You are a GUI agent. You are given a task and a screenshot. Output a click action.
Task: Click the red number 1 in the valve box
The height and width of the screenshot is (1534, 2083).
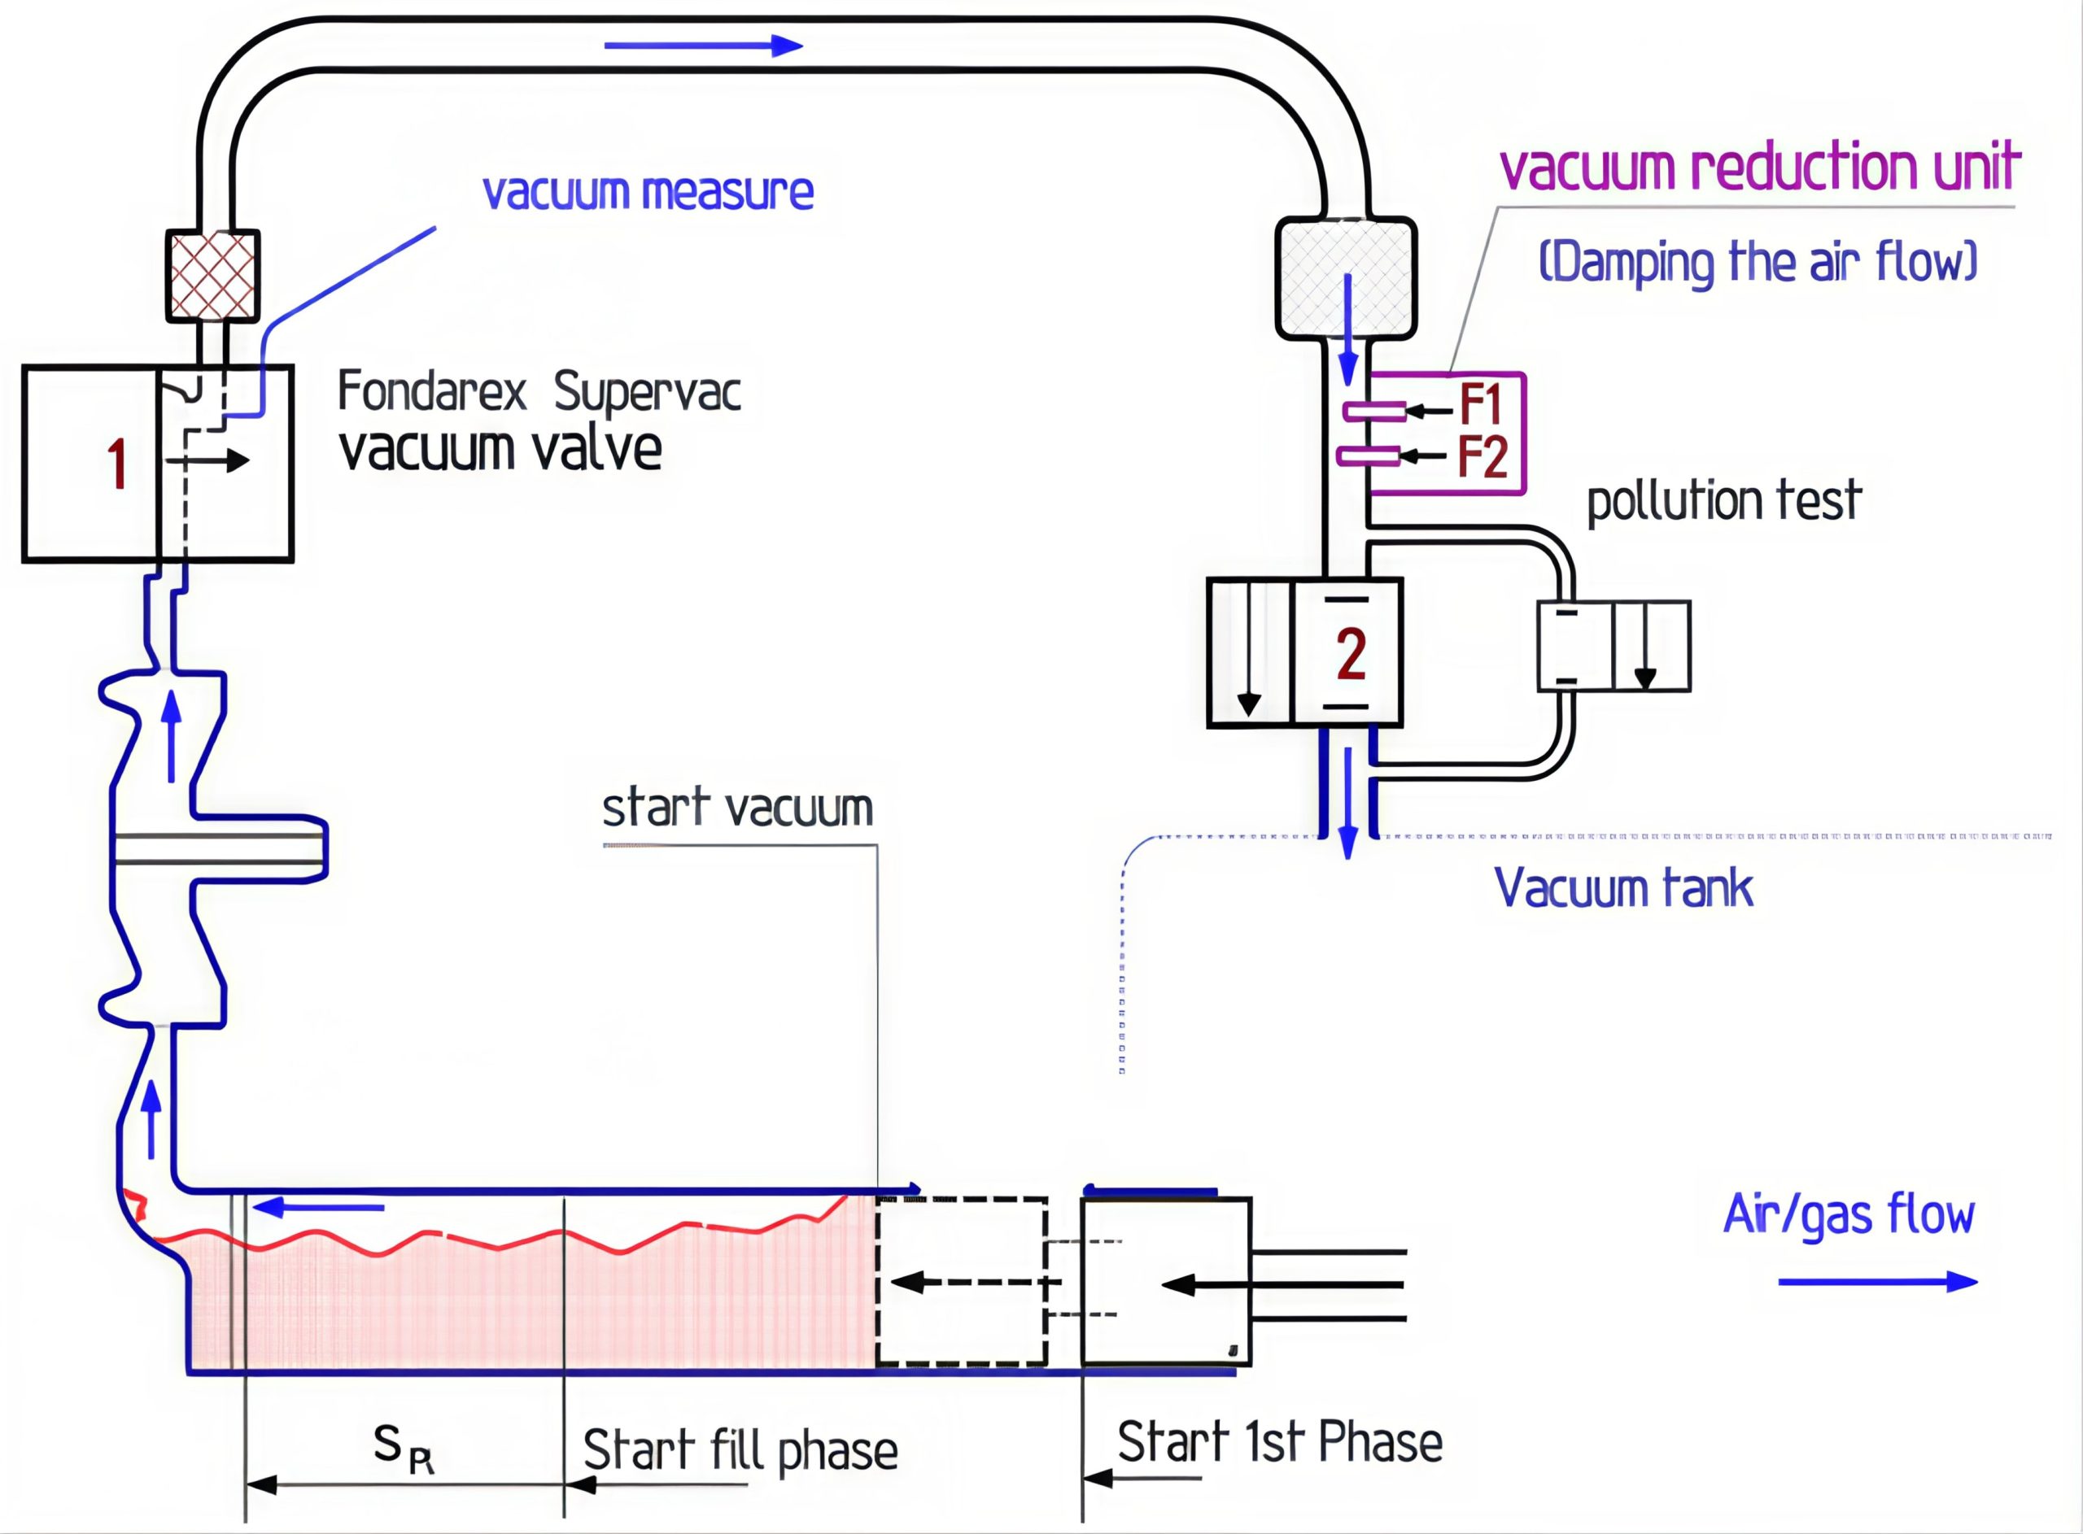[x=117, y=464]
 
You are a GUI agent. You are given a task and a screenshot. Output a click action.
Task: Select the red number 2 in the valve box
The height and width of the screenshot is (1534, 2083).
[x=1350, y=654]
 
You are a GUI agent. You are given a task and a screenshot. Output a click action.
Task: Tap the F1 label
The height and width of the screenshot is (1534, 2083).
[x=1480, y=405]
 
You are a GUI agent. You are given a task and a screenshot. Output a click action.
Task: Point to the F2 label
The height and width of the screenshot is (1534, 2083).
[x=1481, y=457]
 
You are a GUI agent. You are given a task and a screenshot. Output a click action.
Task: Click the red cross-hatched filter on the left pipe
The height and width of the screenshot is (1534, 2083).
[x=212, y=276]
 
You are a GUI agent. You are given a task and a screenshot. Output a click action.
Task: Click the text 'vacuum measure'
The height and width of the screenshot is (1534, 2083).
[x=648, y=192]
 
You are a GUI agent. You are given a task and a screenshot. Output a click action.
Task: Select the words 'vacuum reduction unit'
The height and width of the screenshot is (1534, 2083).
[x=1759, y=167]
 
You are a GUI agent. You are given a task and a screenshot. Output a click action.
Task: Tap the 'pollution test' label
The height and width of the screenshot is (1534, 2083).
[x=1723, y=501]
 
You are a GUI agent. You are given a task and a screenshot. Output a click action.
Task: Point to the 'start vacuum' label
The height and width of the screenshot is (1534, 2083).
[x=737, y=808]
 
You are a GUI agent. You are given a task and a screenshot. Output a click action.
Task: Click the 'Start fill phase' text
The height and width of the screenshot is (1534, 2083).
[x=740, y=1450]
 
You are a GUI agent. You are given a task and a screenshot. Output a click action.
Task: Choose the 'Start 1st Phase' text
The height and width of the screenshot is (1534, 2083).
[x=1280, y=1442]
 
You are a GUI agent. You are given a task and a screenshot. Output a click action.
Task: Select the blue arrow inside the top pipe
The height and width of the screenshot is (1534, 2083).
[x=703, y=46]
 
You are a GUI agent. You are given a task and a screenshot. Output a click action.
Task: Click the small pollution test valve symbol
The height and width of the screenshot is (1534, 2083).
[x=1613, y=647]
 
